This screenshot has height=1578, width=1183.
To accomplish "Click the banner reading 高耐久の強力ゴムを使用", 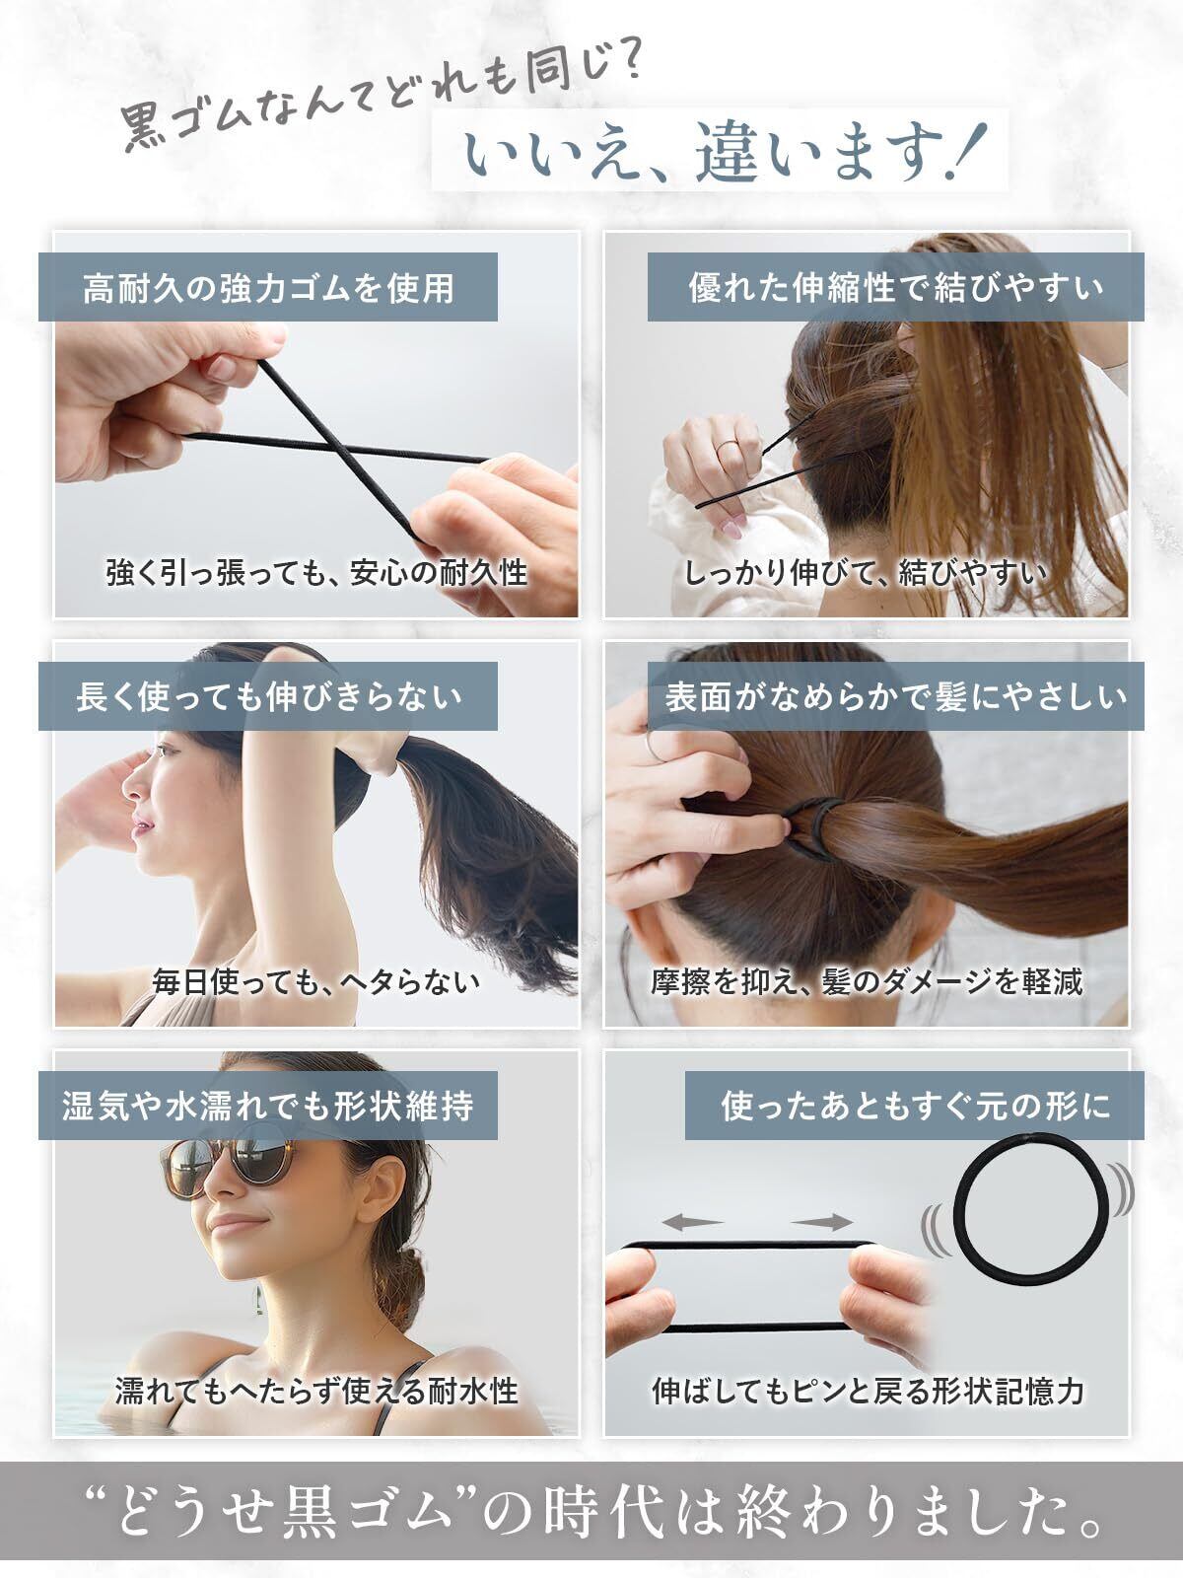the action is click(x=268, y=287).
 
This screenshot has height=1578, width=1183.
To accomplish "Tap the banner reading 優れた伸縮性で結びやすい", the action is click(x=896, y=287).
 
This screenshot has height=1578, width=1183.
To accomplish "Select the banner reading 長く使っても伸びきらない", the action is click(x=268, y=696).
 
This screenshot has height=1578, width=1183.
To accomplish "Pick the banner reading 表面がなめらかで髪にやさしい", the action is click(x=896, y=696).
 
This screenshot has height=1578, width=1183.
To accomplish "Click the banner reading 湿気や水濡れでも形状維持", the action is click(x=268, y=1106).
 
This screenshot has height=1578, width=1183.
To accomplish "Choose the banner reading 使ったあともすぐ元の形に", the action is click(x=915, y=1106).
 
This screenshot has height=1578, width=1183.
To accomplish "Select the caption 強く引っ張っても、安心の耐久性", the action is click(x=316, y=573).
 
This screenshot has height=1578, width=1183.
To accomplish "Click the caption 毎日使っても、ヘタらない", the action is click(x=316, y=982).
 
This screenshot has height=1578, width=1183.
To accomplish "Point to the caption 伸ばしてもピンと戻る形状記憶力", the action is click(x=867, y=1393).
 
